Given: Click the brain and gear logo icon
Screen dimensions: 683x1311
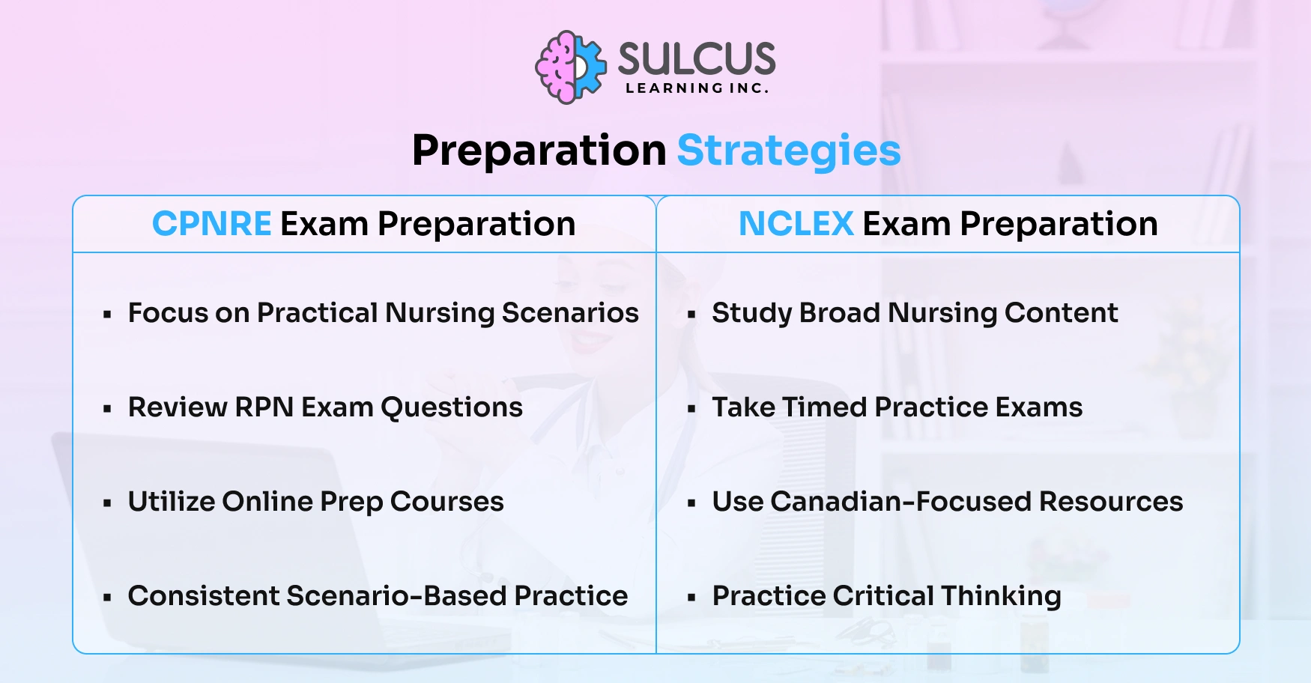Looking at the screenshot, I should click(x=570, y=67).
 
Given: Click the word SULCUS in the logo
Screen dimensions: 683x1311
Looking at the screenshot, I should click(x=696, y=58).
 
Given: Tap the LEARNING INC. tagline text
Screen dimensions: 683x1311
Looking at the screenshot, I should click(x=697, y=88).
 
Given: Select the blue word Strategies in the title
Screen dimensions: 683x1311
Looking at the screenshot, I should click(x=788, y=151).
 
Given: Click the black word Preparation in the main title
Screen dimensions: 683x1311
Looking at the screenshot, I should click(x=539, y=151).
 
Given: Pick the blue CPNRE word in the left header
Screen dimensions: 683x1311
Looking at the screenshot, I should click(x=211, y=224).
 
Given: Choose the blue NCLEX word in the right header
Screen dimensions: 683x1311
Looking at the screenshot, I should click(x=796, y=224).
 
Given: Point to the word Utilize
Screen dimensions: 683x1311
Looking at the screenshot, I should click(x=170, y=502).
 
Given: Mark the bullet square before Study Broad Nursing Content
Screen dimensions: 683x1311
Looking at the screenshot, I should click(x=691, y=315).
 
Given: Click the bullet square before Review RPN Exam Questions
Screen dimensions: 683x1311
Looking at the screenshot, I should click(x=108, y=410).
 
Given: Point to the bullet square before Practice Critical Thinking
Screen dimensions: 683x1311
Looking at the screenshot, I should click(x=691, y=598).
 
